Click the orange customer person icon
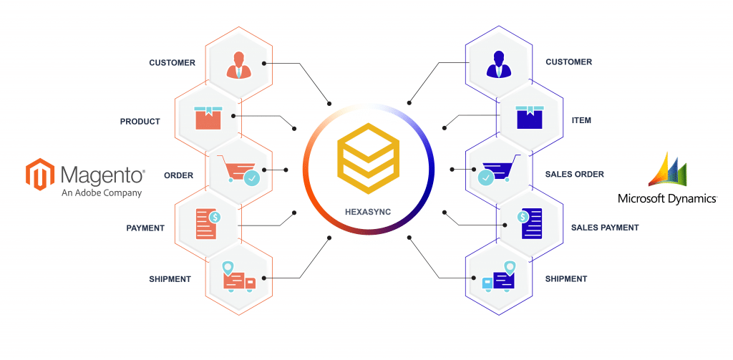(239, 64)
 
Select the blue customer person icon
(499, 64)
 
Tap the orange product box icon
(208, 118)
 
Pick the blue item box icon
(530, 117)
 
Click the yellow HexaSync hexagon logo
(369, 158)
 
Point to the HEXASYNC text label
(369, 212)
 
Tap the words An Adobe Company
(101, 192)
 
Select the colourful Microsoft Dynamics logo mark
(668, 169)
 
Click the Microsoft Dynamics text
(668, 199)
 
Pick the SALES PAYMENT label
(604, 228)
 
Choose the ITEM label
(581, 121)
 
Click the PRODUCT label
(140, 122)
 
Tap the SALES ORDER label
(575, 175)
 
